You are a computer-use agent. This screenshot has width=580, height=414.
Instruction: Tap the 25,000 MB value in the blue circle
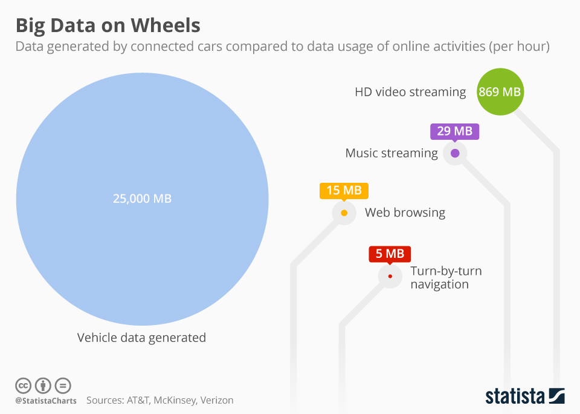coord(142,199)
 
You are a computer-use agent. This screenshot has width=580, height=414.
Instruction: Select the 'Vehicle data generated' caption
coord(141,338)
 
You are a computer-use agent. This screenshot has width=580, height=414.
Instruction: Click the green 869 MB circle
coord(500,93)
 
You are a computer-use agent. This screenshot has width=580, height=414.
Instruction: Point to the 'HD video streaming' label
coord(410,93)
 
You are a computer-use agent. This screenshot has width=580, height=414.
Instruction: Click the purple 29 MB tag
coord(454,131)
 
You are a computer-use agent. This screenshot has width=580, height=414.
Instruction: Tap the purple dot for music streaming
coord(455,153)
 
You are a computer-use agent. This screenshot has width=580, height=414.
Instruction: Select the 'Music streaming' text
coord(391,153)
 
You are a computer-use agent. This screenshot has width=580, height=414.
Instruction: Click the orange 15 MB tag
coord(344,191)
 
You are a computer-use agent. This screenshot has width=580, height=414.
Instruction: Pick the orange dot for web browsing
coord(344,213)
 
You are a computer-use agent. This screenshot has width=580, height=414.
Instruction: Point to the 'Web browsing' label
coord(405,213)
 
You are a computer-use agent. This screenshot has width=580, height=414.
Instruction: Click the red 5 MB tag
coord(390,254)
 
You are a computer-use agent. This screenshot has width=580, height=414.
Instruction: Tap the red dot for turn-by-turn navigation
coord(390,277)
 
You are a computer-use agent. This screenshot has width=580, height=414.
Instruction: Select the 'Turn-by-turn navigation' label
coord(445,277)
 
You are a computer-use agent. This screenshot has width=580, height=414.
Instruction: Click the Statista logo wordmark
coord(515,396)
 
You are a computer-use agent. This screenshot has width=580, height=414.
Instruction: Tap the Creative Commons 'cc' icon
coord(23,386)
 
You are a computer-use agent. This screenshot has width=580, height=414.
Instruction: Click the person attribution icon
coord(43,386)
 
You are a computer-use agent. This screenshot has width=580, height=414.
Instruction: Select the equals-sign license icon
coord(63,386)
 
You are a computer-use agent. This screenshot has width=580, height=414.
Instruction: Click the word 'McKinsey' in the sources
coord(173,401)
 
